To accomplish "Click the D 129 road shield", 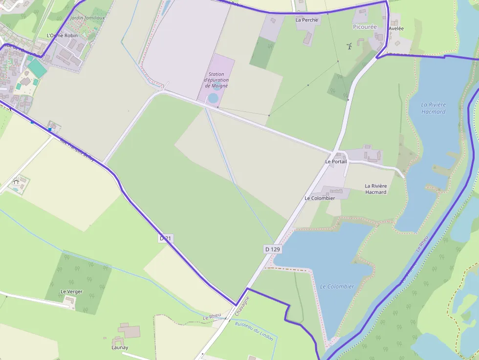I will click(x=273, y=249).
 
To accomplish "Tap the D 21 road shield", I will click(x=166, y=238).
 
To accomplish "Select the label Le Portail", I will click(x=336, y=162).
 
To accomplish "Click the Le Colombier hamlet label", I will click(x=320, y=198).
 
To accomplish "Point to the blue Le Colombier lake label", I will click(x=337, y=287).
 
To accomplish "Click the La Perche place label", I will click(x=306, y=20).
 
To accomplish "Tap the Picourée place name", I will click(x=365, y=27).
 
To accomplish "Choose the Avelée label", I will click(x=396, y=29).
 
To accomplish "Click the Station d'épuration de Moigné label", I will click(x=217, y=80).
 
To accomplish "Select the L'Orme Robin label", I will click(x=62, y=36).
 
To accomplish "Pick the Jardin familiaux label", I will click(x=87, y=18).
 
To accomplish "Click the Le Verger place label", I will click(x=71, y=292).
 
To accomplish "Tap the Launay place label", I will click(x=120, y=347).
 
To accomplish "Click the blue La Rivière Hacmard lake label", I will click(x=433, y=108).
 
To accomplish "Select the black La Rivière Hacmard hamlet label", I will click(x=376, y=189).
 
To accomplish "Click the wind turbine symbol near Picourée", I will click(x=349, y=46).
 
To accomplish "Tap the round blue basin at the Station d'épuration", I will click(x=213, y=98).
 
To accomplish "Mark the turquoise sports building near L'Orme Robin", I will click(x=37, y=68).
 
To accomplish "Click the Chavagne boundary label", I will click(x=241, y=305).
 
